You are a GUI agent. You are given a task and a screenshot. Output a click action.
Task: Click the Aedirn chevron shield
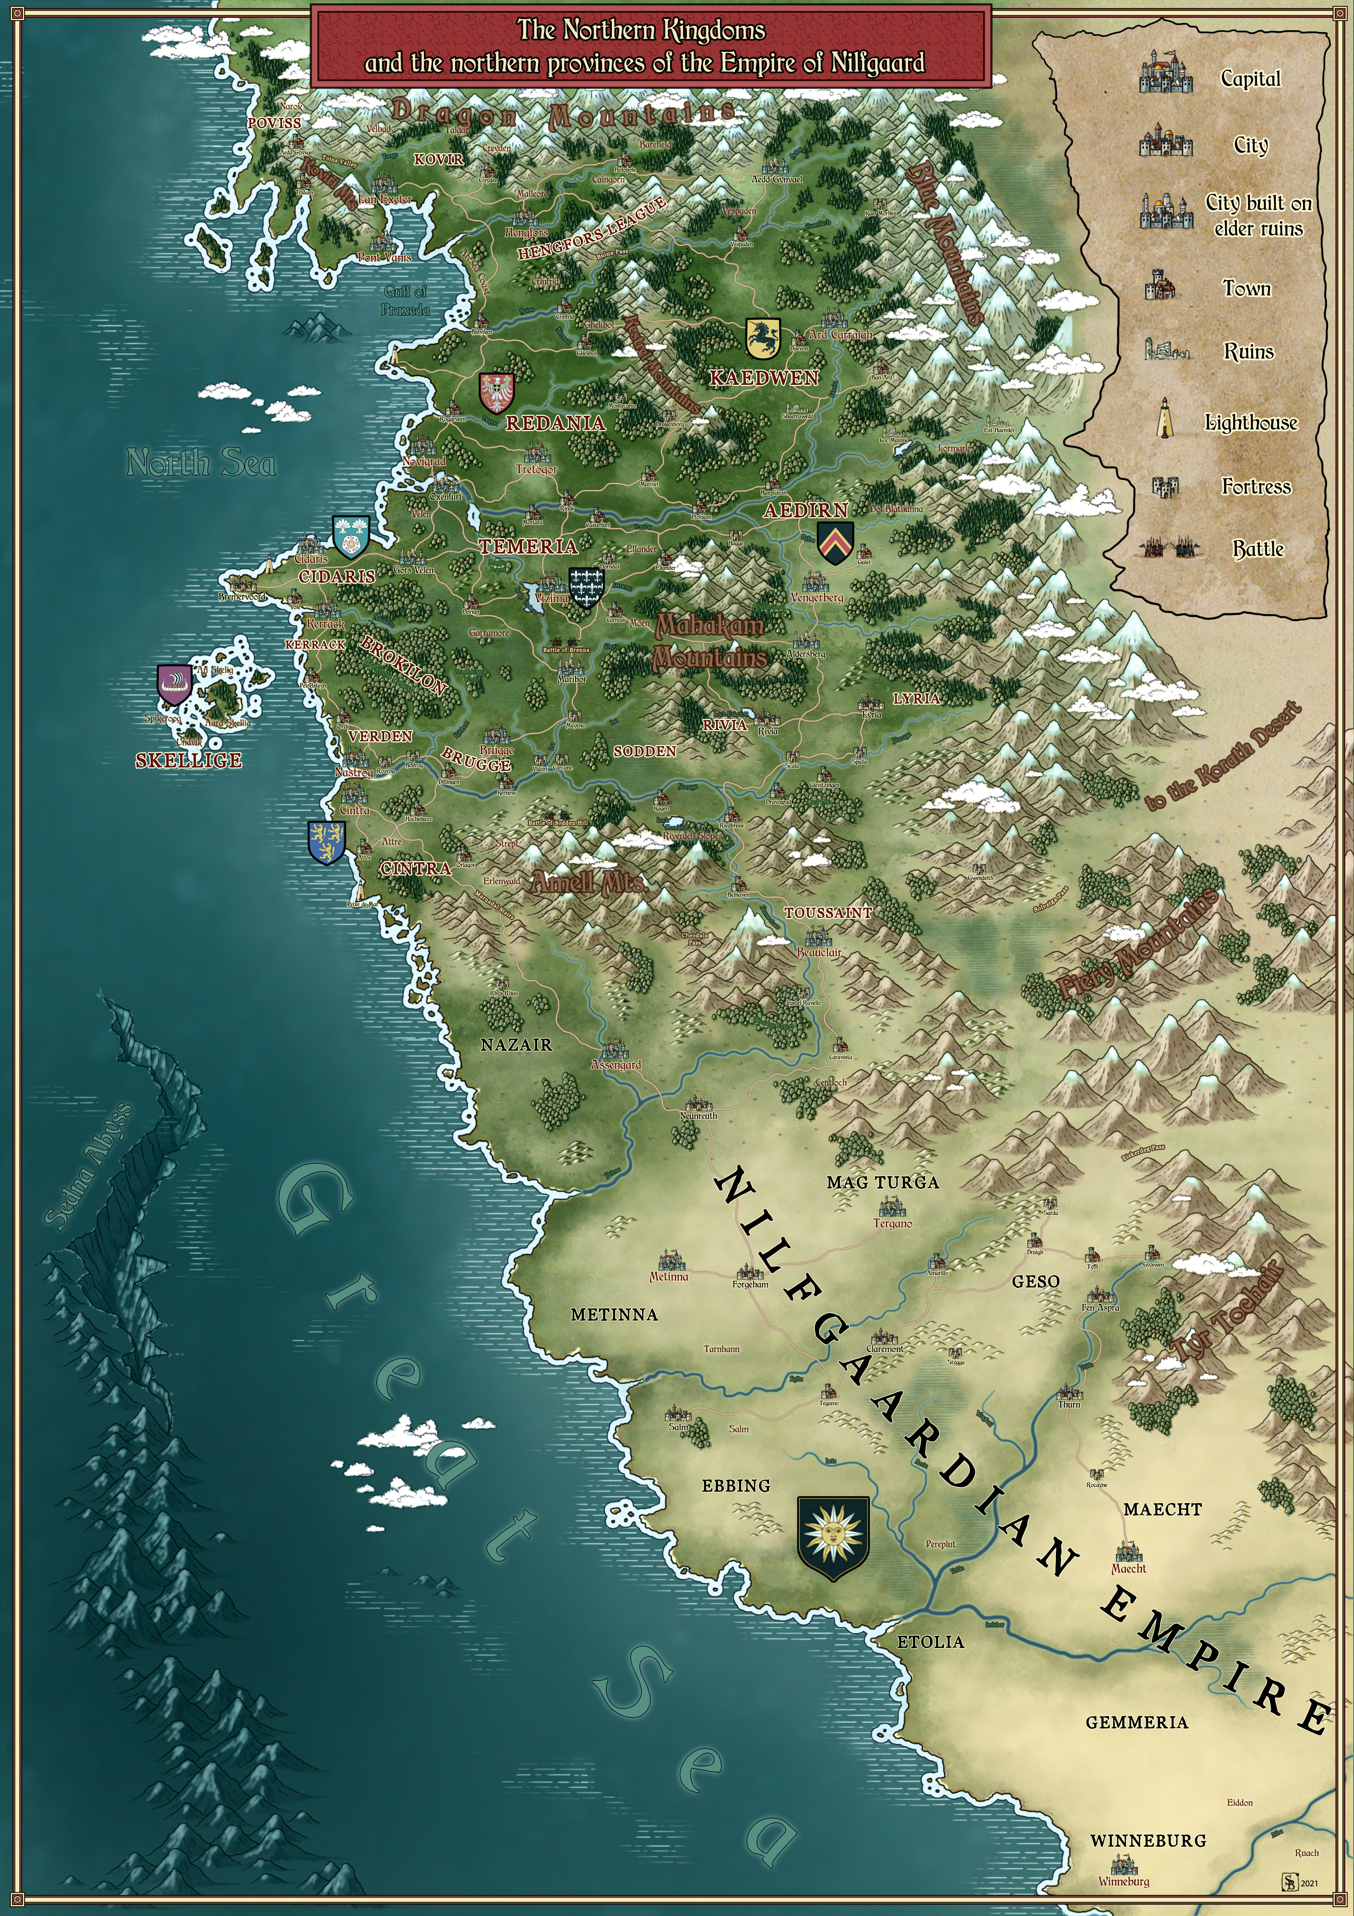[835, 543]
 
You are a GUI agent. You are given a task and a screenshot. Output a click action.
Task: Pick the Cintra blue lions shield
[326, 841]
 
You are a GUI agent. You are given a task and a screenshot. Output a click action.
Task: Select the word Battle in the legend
[1258, 549]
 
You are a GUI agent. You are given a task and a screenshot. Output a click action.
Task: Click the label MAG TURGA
[883, 1182]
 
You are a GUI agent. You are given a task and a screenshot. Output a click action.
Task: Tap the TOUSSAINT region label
[828, 913]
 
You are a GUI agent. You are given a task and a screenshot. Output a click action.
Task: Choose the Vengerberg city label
[817, 598]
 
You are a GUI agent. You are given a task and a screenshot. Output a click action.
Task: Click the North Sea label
[201, 462]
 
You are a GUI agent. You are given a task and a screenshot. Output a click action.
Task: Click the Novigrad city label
[424, 461]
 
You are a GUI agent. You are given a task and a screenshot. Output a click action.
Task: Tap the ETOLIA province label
[930, 1641]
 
